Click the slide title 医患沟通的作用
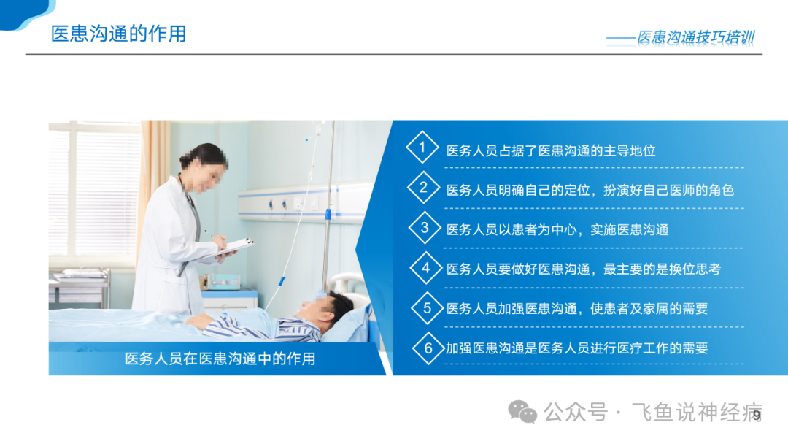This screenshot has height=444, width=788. pyautogui.click(x=119, y=34)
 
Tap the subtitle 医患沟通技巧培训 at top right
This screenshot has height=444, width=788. pyautogui.click(x=696, y=37)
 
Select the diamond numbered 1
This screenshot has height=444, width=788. pyautogui.click(x=422, y=147)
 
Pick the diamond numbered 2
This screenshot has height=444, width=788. pyautogui.click(x=423, y=187)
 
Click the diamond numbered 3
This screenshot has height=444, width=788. pyautogui.click(x=425, y=227)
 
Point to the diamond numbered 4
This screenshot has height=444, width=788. pyautogui.click(x=425, y=267)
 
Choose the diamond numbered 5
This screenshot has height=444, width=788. pyautogui.click(x=427, y=307)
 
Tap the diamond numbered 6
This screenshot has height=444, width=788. pyautogui.click(x=428, y=348)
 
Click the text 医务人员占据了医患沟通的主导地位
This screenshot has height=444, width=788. pyautogui.click(x=551, y=151)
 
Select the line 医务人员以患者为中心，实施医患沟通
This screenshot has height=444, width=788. pyautogui.click(x=557, y=230)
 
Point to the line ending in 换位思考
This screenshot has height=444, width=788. pyautogui.click(x=584, y=269)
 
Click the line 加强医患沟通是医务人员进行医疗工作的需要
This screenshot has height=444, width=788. pyautogui.click(x=577, y=348)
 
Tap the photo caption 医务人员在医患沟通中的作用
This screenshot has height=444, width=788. pyautogui.click(x=220, y=359)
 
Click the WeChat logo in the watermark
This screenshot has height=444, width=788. pyautogui.click(x=522, y=412)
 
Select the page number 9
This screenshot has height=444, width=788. pyautogui.click(x=757, y=416)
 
